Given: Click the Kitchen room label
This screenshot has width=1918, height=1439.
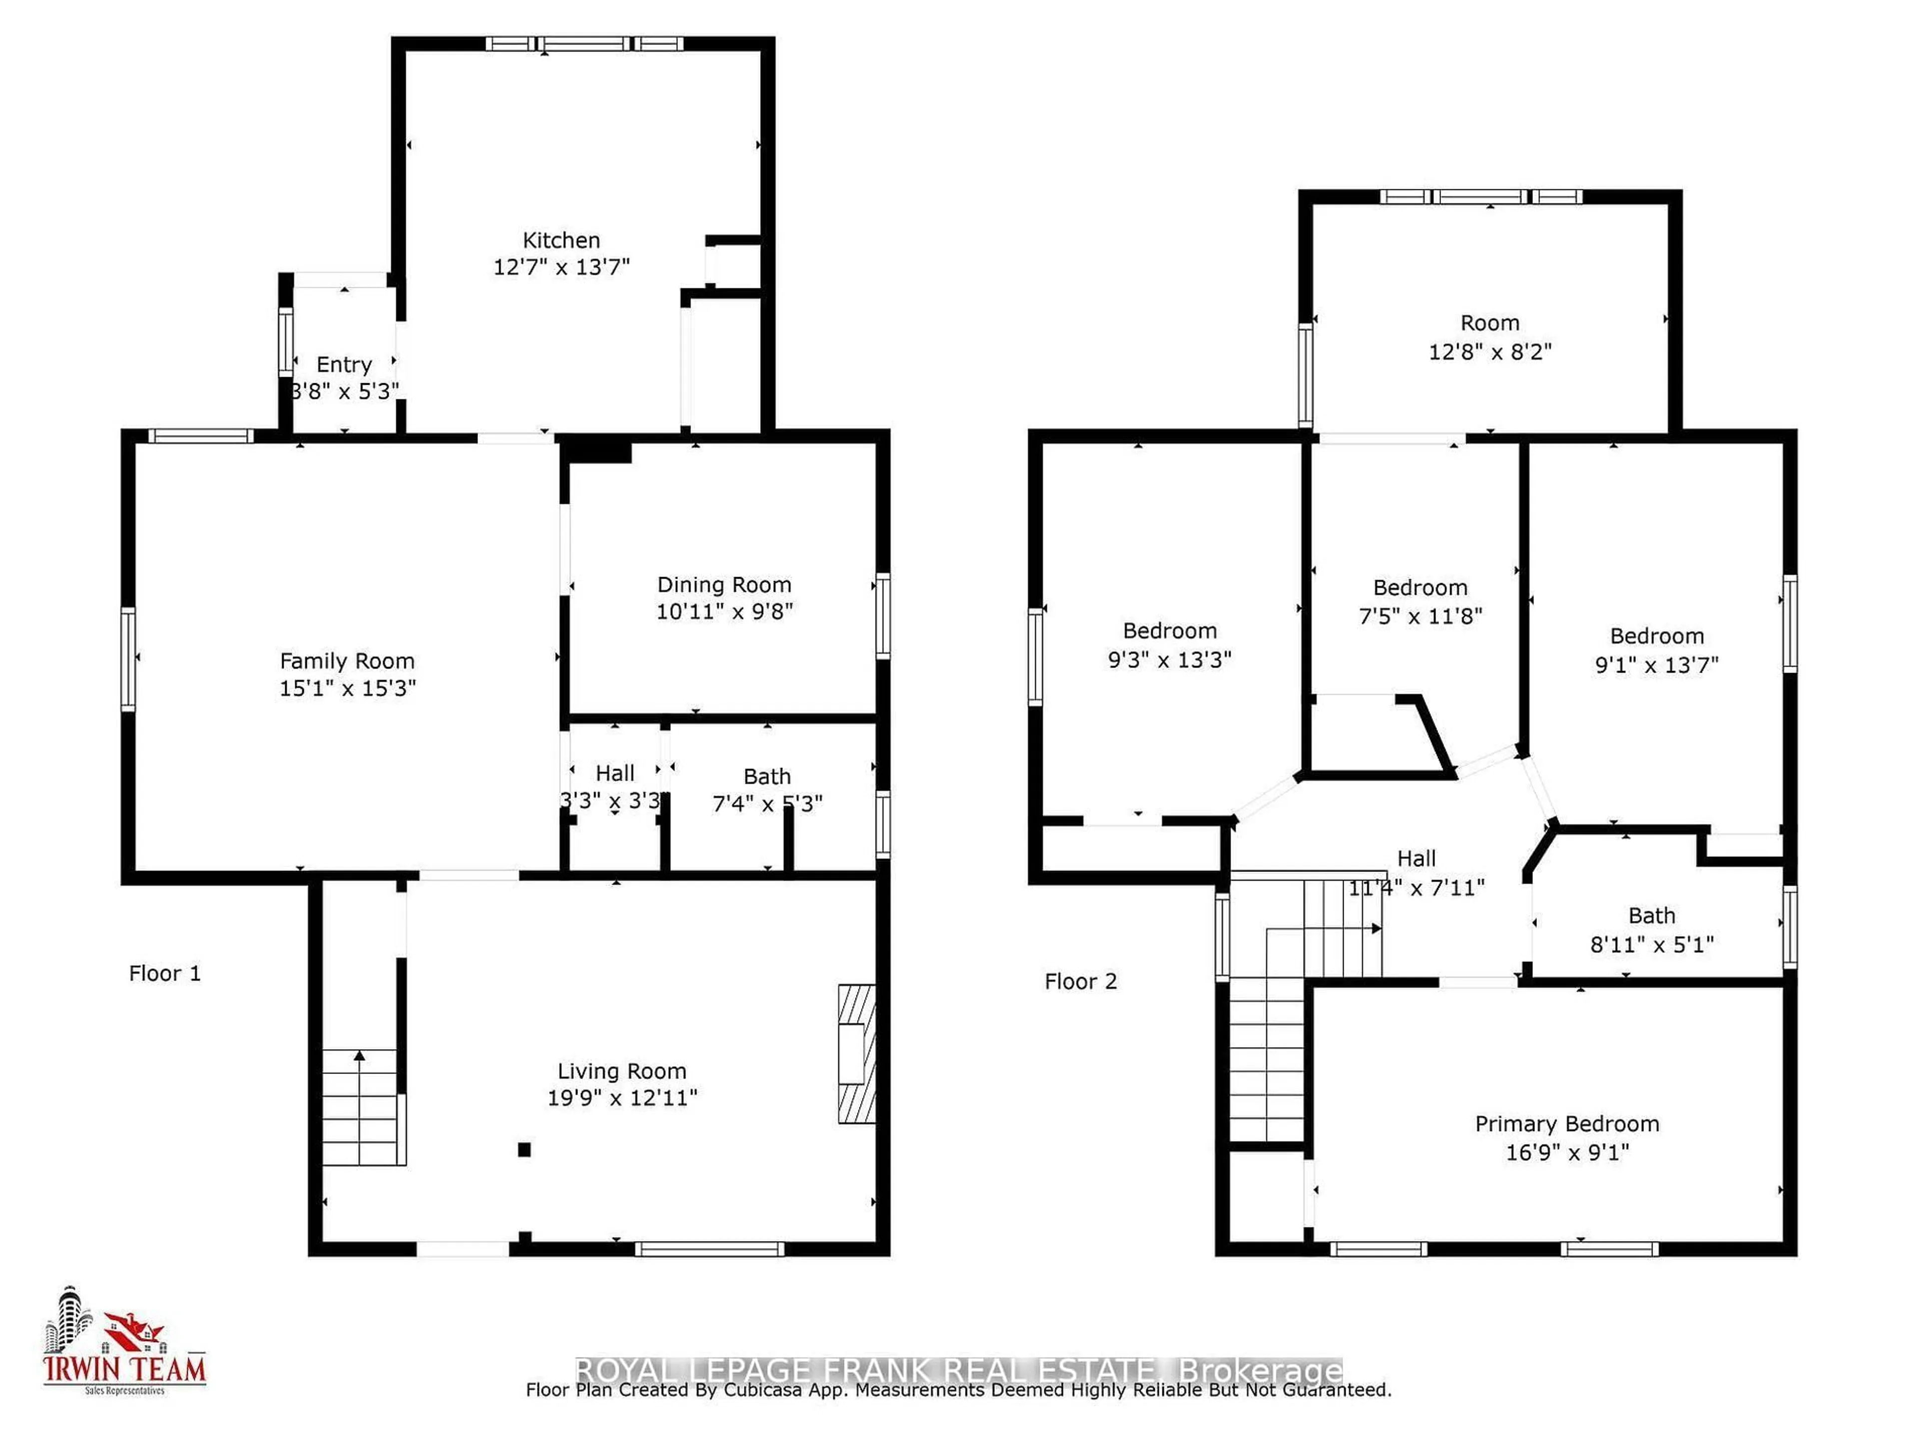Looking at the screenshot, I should point(561,240).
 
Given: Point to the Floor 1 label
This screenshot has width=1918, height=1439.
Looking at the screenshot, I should point(165,973).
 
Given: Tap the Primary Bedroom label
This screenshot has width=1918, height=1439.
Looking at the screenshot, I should point(1567,1124).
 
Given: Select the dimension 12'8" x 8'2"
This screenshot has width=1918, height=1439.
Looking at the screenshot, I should point(1489,351).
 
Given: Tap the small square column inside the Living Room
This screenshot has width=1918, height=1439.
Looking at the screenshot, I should point(524,1150).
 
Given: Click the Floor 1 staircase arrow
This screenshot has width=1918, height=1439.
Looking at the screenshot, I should point(359,1056).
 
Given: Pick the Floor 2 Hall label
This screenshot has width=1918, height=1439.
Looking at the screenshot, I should point(1416,859).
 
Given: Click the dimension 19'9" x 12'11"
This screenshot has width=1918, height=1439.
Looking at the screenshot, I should point(622,1098).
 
